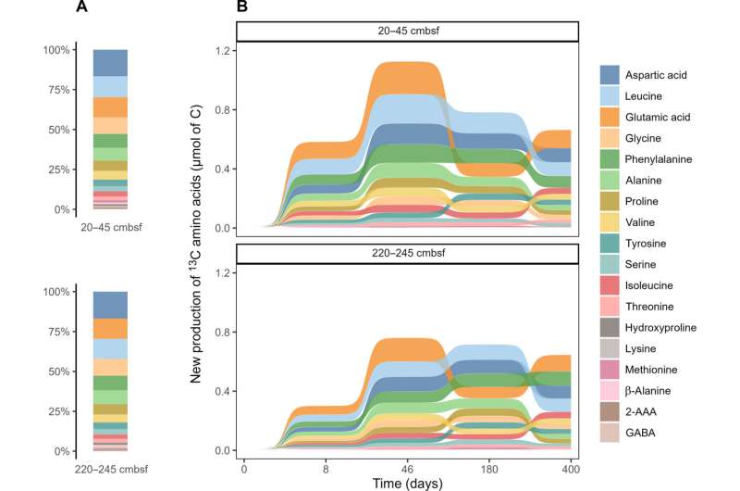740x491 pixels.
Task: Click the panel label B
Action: [241, 7]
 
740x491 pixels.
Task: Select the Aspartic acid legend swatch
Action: [610, 73]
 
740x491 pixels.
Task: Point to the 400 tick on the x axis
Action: [573, 467]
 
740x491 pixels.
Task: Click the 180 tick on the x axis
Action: [490, 467]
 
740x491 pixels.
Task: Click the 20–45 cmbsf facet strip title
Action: [408, 31]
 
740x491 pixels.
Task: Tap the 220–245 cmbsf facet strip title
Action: [408, 253]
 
